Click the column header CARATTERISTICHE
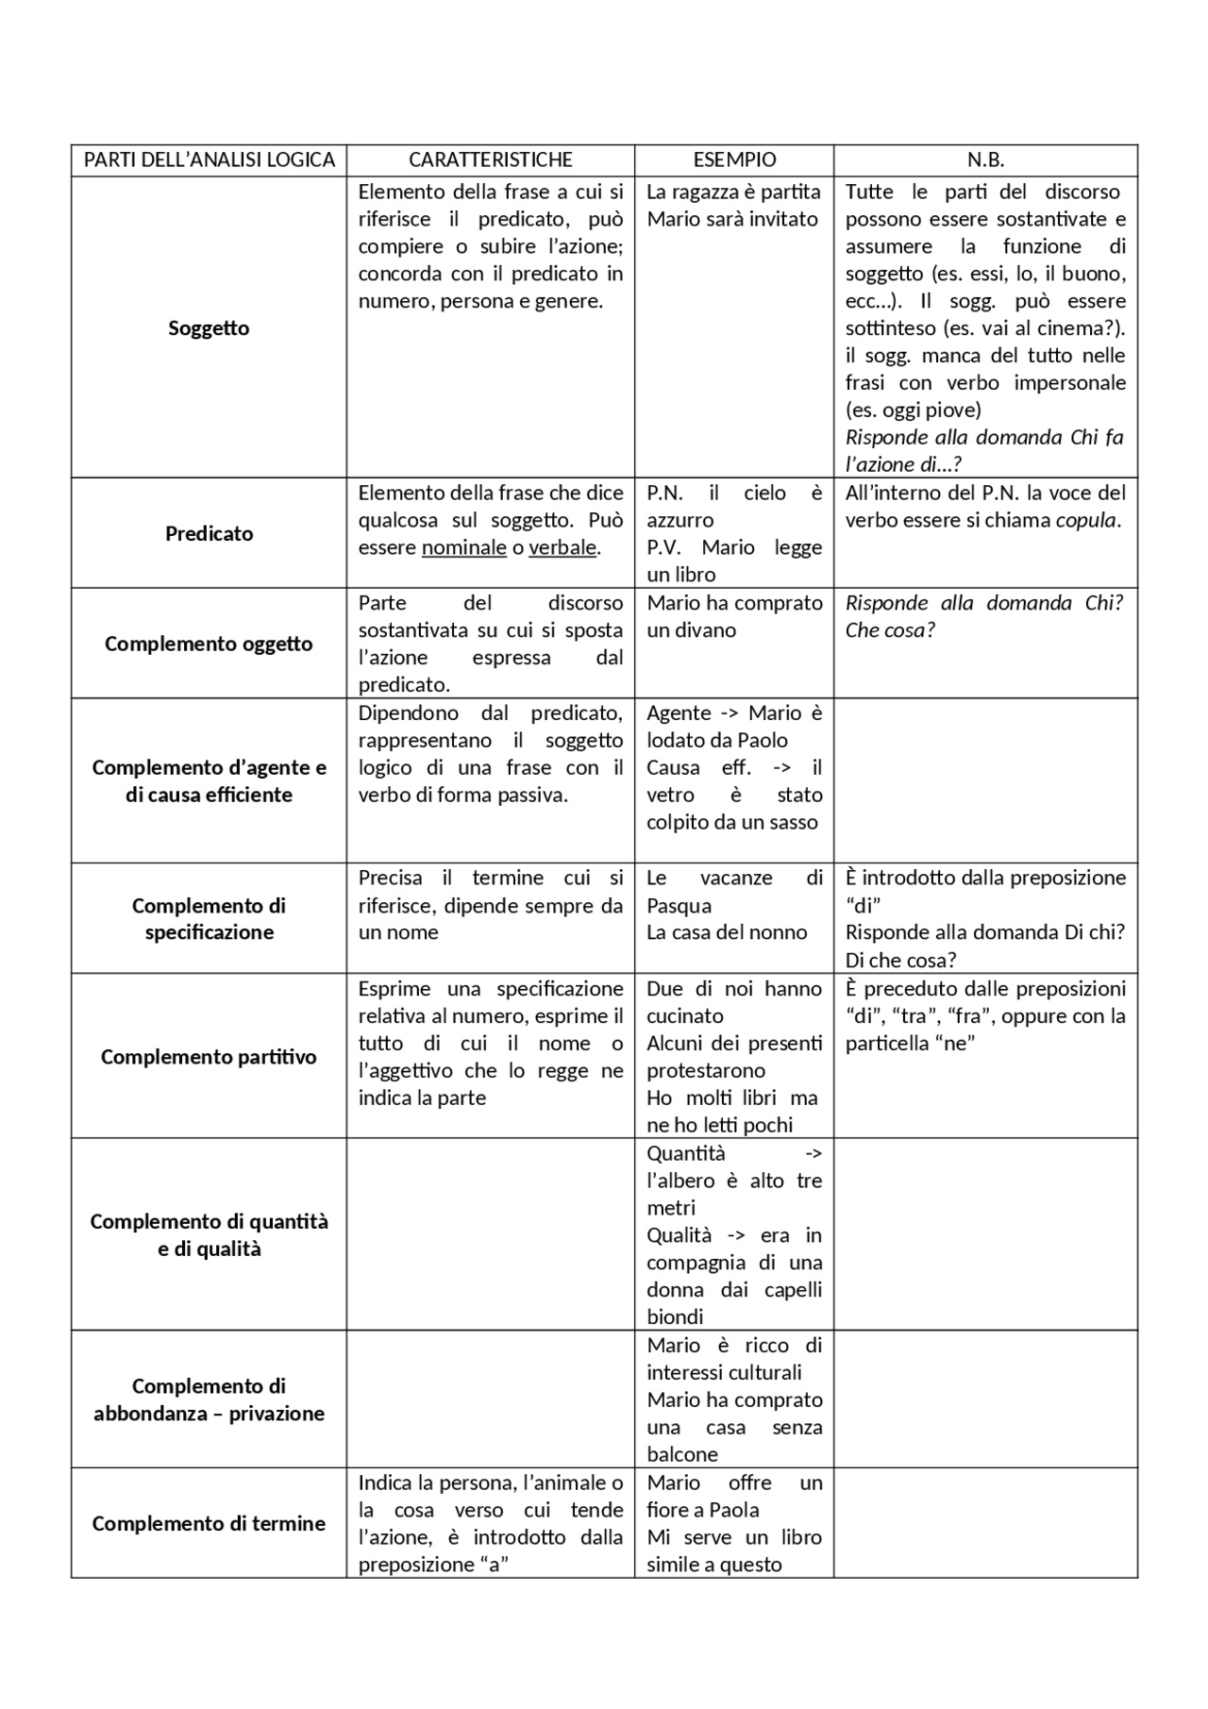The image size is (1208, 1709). click(x=490, y=159)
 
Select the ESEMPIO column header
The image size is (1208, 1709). click(x=734, y=159)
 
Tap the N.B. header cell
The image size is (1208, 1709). click(x=985, y=159)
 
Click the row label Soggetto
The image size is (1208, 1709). click(x=209, y=328)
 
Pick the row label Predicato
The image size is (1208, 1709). click(x=209, y=533)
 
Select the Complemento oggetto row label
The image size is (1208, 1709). click(x=209, y=644)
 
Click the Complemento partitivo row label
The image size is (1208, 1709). click(x=209, y=1057)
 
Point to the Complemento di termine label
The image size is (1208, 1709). click(x=209, y=1523)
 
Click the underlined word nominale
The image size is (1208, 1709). click(x=463, y=547)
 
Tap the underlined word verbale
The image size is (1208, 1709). click(x=562, y=547)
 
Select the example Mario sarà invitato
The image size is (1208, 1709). click(x=732, y=219)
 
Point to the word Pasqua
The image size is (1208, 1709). click(x=679, y=906)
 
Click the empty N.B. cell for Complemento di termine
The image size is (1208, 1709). click(x=985, y=1523)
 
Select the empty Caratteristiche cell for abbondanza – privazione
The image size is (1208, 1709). click(x=490, y=1399)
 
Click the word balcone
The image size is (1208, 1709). click(x=682, y=1454)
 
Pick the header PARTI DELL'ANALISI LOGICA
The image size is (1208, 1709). click(x=209, y=159)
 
